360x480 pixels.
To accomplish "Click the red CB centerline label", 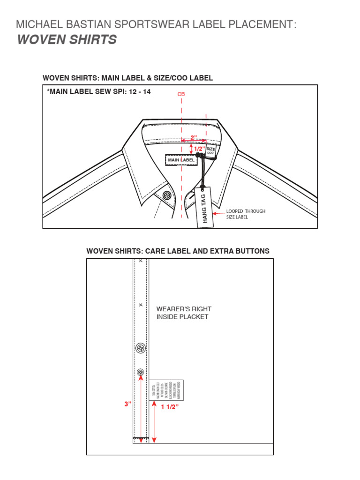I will click(x=181, y=94).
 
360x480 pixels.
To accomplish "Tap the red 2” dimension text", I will click(x=194, y=137).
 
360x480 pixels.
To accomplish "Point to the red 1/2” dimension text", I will click(x=200, y=149).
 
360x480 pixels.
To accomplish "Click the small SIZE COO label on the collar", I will click(x=210, y=151).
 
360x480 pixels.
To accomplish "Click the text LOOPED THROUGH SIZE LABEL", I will click(x=246, y=214).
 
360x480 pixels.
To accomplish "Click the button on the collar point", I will click(x=166, y=195).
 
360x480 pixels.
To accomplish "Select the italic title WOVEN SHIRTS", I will click(x=67, y=40).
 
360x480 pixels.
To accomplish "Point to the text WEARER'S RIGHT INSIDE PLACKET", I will click(x=184, y=313).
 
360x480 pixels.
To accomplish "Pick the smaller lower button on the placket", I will click(x=140, y=372).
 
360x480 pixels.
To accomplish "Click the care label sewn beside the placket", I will click(x=166, y=390).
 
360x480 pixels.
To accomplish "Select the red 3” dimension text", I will click(x=127, y=403).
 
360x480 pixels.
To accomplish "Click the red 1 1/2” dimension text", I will click(x=170, y=407).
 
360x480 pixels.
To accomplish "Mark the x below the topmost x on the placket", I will click(x=141, y=305).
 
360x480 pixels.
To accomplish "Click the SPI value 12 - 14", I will click(x=141, y=92).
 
